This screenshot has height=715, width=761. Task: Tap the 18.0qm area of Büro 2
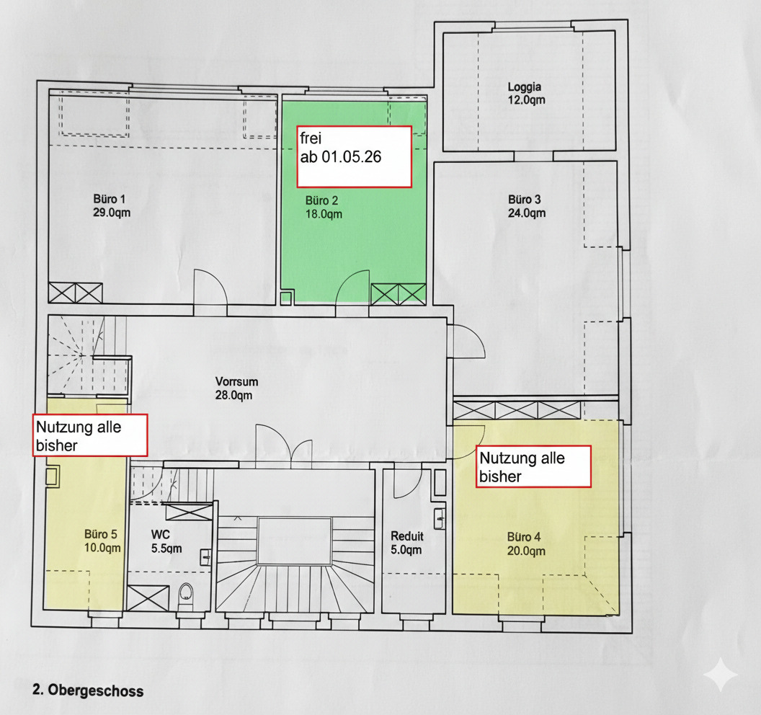[324, 214]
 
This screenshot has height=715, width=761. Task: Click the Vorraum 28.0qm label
[236, 388]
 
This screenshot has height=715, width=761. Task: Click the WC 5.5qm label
[166, 542]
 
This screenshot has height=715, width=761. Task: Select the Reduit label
[406, 536]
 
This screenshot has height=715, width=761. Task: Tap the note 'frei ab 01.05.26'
[355, 157]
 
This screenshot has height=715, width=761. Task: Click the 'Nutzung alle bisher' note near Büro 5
[90, 435]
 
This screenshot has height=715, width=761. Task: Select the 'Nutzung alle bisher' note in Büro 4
[533, 466]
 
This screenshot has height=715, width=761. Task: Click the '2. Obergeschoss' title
[88, 690]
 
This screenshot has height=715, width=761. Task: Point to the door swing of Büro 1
[210, 287]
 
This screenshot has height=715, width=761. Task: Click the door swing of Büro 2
[353, 288]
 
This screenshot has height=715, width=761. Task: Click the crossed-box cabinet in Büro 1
[75, 293]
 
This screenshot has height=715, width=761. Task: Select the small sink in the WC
[205, 557]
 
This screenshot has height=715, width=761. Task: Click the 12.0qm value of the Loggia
[527, 100]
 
